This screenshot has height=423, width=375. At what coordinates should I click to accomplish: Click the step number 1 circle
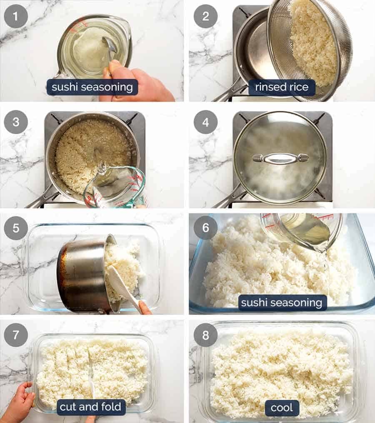point(16,16)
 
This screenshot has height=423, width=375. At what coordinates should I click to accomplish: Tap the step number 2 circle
point(205,16)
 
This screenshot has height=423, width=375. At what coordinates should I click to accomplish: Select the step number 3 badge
point(16,123)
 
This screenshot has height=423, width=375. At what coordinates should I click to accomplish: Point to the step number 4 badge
point(205,123)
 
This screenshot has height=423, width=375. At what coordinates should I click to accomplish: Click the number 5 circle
point(16,228)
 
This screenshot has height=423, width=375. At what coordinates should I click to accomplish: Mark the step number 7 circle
point(16,335)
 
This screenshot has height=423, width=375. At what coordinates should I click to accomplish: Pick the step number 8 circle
point(205,335)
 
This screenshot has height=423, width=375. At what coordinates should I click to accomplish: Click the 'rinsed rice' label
point(282,88)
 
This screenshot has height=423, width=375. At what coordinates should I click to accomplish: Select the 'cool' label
point(282,408)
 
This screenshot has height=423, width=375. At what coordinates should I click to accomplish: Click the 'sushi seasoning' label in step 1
point(92,88)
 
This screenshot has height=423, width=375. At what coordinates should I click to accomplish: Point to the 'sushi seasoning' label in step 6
point(282,303)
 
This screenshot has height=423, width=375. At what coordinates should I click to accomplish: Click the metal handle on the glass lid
point(280,158)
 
